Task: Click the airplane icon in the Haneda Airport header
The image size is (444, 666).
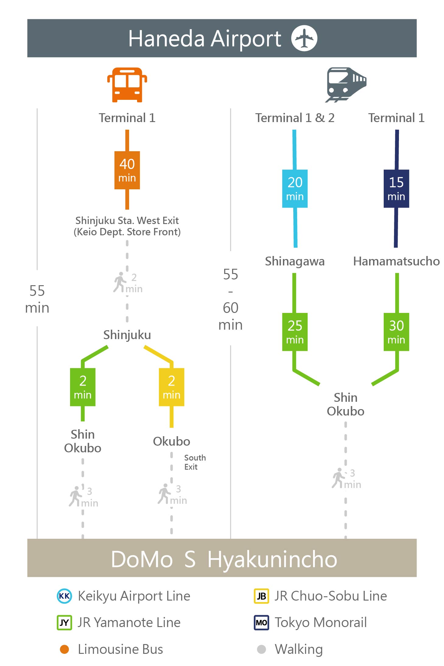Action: tap(304, 38)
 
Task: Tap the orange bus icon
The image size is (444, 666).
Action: tap(127, 85)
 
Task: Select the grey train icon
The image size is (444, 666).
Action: tap(346, 85)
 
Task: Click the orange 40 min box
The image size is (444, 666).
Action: tap(127, 170)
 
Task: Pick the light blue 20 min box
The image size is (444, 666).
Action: tap(295, 189)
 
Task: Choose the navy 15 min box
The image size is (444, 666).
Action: tap(396, 189)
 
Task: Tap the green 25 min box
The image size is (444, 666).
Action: tap(295, 332)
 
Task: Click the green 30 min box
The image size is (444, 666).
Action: tap(396, 332)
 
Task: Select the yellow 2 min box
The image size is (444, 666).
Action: tap(171, 387)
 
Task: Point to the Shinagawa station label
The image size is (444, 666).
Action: tap(295, 261)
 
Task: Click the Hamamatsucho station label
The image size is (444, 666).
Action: tap(396, 261)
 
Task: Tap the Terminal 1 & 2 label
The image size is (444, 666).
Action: tap(295, 118)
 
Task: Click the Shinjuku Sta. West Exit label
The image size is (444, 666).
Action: tap(127, 220)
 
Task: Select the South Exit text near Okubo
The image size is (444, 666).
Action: tap(195, 462)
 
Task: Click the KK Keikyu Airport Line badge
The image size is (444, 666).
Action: tap(64, 596)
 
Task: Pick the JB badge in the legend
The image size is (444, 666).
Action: tap(261, 596)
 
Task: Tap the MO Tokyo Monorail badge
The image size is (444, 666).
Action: tap(261, 622)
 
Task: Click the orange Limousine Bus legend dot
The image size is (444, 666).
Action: tap(64, 649)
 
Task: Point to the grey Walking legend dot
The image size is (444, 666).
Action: tap(261, 649)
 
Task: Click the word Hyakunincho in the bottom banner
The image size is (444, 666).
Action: tap(272, 559)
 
